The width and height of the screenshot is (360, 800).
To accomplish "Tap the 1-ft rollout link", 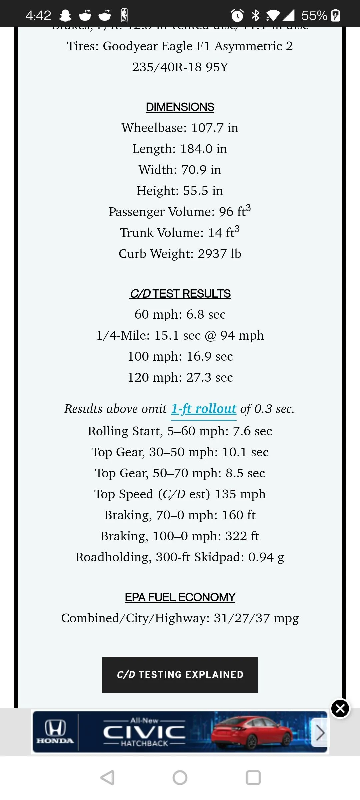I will pos(204,409).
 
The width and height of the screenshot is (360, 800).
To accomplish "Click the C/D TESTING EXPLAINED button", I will pos(180,675).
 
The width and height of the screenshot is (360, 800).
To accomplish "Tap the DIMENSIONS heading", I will pos(180,107).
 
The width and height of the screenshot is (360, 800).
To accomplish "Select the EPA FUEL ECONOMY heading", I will pos(180,597).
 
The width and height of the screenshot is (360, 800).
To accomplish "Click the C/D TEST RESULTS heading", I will pos(180,294).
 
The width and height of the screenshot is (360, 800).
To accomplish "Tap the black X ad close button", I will pos(340,708).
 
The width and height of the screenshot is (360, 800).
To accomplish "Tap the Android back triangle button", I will pos(107,778).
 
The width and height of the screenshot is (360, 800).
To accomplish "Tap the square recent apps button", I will pos(253,778).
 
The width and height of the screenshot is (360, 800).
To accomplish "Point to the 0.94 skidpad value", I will pos(261,557).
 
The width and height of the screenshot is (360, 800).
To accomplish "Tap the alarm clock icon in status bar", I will pos(237,15).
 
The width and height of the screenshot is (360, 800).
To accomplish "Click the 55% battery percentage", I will pos(314,15).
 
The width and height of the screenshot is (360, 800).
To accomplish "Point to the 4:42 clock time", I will pos(38,15).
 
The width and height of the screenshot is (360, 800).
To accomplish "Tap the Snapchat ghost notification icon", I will pos(65,15).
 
